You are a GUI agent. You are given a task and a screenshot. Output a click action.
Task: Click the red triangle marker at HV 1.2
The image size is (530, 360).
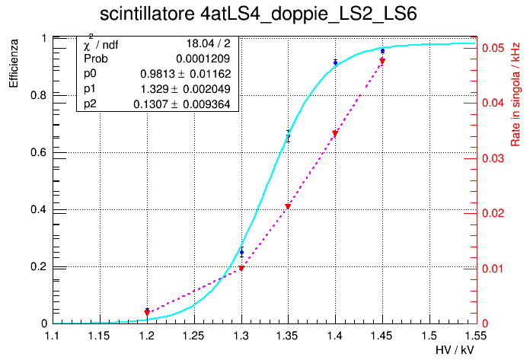click(147, 313)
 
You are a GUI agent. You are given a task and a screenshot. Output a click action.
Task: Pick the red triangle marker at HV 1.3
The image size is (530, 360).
click(241, 269)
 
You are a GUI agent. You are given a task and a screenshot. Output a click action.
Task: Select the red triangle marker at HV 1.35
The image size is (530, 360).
click(288, 207)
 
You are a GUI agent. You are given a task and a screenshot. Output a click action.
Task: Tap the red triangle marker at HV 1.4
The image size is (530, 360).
click(335, 135)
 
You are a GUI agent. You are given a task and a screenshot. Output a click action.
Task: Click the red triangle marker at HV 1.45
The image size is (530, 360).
click(382, 62)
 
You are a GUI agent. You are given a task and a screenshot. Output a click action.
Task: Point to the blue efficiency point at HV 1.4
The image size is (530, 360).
click(335, 62)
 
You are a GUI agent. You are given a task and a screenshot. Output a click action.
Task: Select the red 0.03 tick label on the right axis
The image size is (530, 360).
click(492, 158)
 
